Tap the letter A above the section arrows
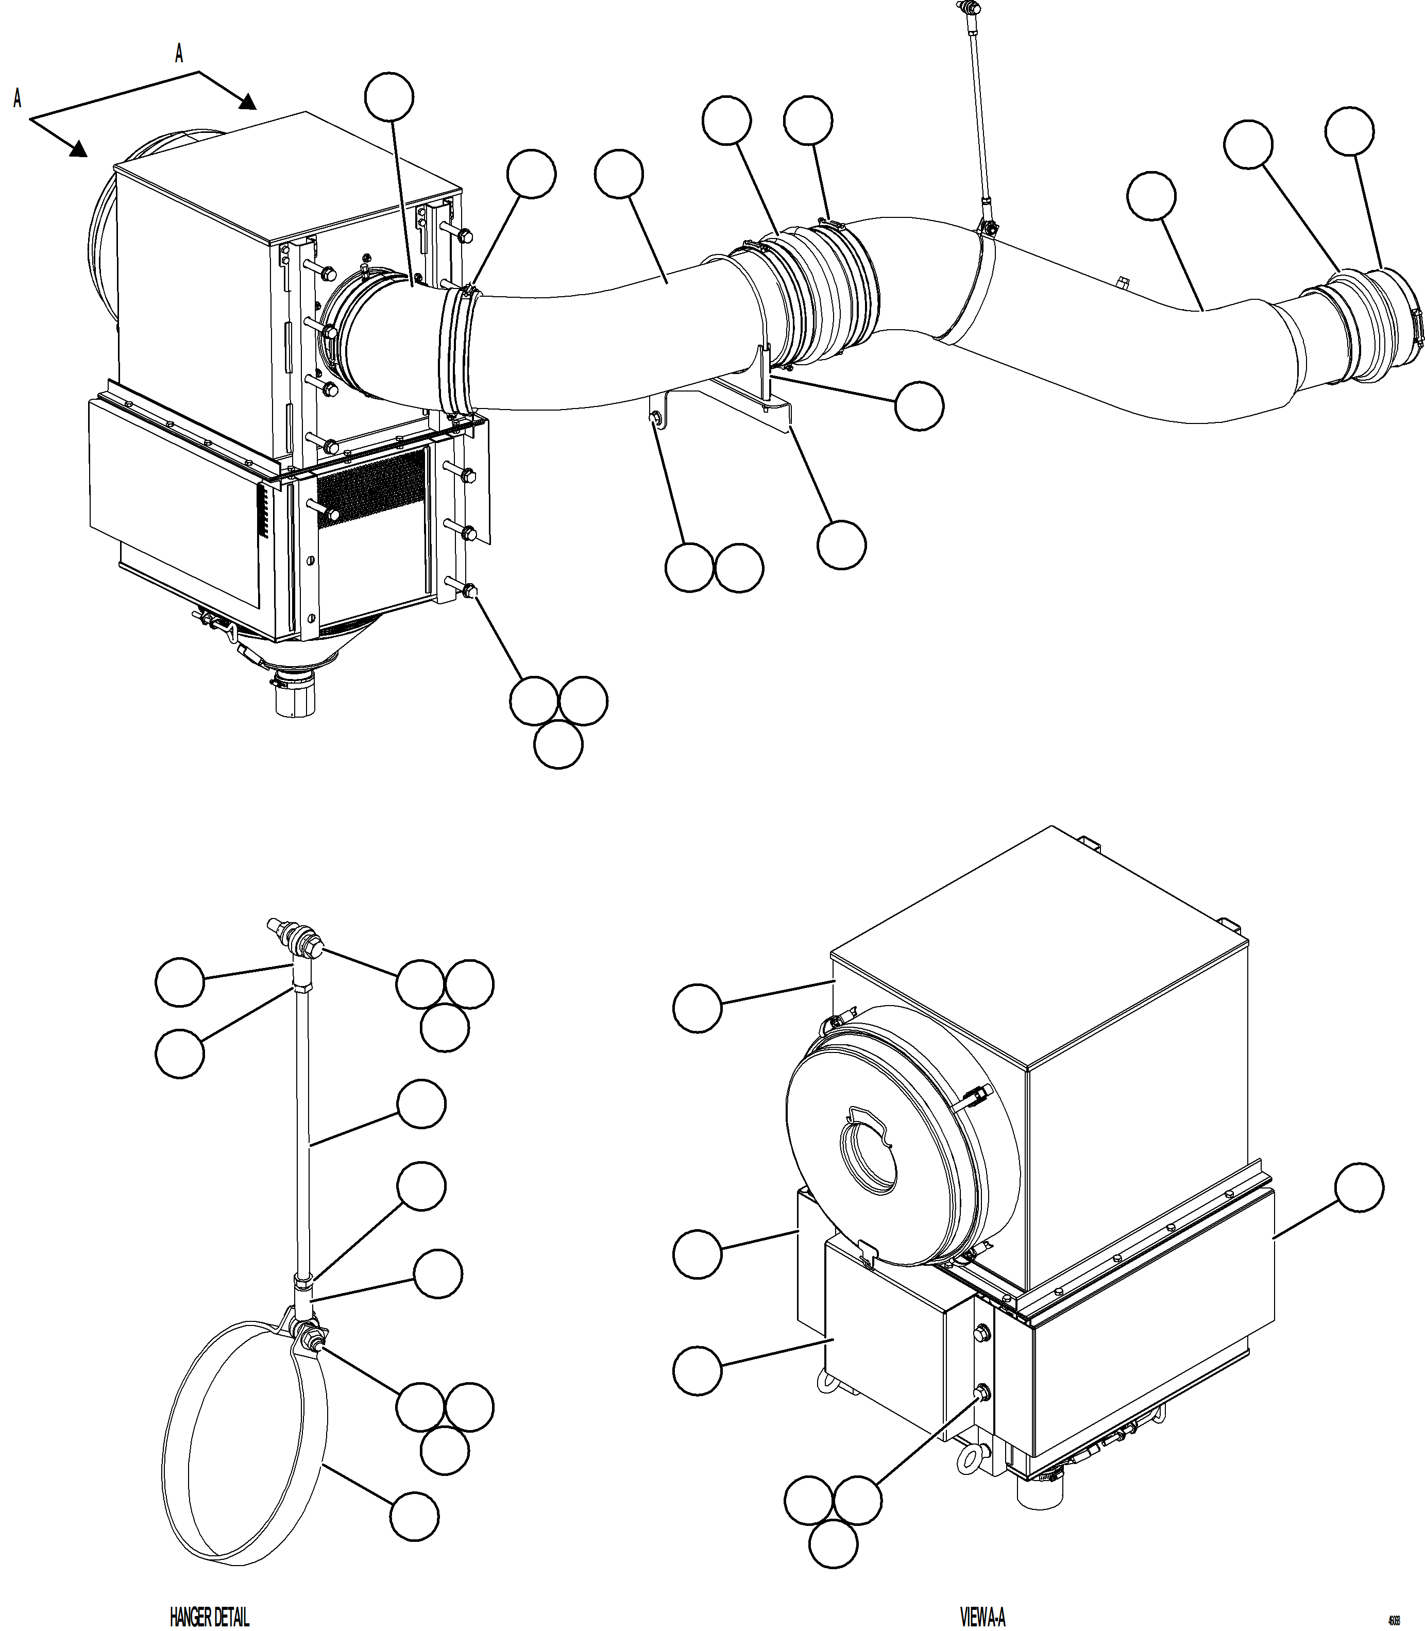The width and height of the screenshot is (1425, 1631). pos(179,54)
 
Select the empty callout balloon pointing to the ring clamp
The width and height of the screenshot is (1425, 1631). pos(414,1516)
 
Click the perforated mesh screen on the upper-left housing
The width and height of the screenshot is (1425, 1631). pos(370,487)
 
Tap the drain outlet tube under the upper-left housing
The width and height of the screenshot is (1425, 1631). pos(294,699)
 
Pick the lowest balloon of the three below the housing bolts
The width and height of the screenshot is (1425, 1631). pos(558,744)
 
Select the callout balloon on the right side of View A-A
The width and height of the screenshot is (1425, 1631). pos(1359,1188)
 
